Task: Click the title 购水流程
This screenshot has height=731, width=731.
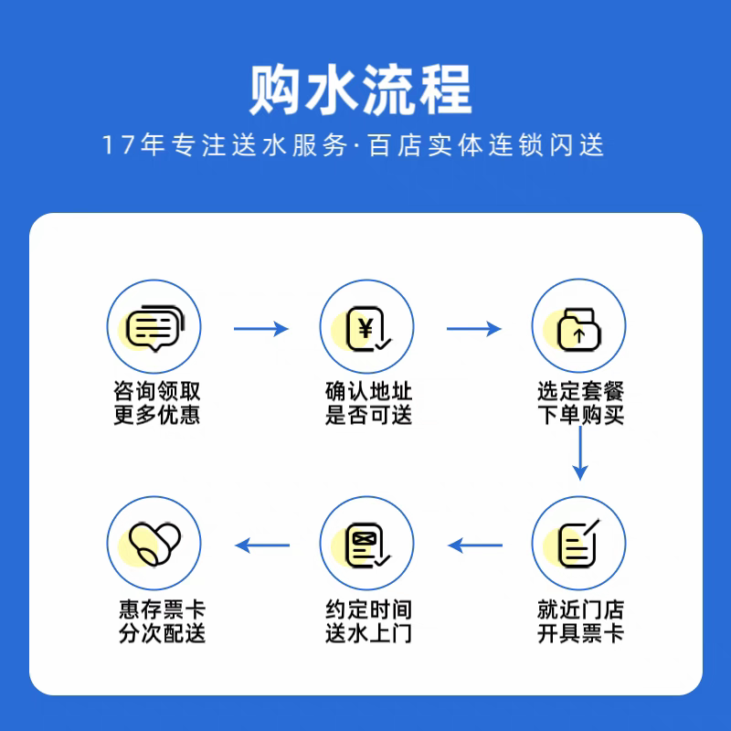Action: tap(361, 89)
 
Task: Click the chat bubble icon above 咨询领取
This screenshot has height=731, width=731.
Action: tap(154, 326)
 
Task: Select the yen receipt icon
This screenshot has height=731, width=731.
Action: tap(366, 326)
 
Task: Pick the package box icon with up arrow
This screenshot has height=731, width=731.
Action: tap(578, 326)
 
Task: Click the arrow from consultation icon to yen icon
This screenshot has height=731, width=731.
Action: tap(260, 328)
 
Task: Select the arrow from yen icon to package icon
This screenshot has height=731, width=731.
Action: tap(473, 328)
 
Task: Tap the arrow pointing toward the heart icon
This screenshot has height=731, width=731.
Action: tap(262, 546)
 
